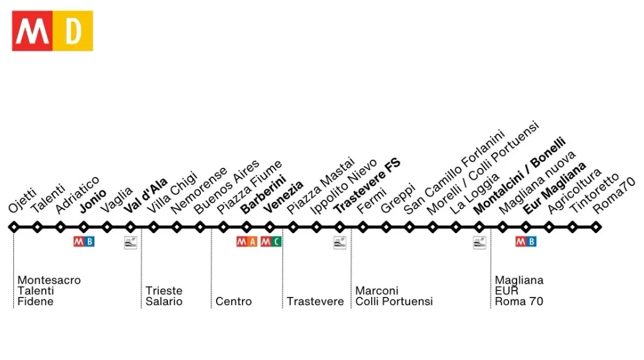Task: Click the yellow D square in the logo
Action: [73, 31]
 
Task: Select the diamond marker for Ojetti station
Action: [14, 227]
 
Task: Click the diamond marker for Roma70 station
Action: [596, 227]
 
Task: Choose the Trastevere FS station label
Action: [367, 185]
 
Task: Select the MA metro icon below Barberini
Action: [247, 241]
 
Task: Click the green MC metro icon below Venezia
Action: [270, 241]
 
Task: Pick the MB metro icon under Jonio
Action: [84, 241]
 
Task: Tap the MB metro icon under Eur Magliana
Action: [526, 241]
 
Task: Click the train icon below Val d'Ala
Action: [130, 243]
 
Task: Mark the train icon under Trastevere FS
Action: [339, 243]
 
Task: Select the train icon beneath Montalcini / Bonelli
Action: [480, 243]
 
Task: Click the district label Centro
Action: [233, 302]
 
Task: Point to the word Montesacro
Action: [49, 280]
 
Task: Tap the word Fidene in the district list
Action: [35, 302]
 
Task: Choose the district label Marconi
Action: [377, 291]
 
